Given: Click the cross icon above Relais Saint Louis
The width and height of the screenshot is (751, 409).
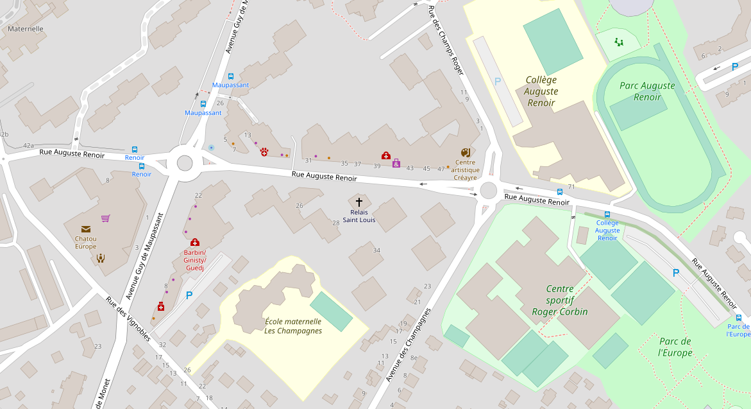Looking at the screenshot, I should coord(359,202).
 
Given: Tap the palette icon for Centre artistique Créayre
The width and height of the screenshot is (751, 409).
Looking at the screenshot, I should coord(465,153).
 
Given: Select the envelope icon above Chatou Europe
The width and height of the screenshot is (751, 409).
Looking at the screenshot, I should coord(85,229).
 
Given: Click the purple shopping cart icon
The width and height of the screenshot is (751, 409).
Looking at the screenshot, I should coord(105,218).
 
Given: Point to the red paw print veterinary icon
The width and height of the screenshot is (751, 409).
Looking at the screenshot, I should coord(264,152).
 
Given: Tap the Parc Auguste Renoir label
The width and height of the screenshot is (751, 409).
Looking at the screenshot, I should coord(647,91).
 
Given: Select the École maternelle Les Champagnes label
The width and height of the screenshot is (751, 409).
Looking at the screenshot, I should coord(293,326).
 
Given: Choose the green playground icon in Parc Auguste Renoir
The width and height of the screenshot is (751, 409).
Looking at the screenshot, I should coord(618,42).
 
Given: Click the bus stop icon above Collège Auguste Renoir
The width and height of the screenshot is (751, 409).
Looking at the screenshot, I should coord(607,214).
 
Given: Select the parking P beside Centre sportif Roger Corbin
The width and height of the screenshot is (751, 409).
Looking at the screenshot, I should coord(675,274).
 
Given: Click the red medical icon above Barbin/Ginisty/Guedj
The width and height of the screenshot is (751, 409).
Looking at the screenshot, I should coord(195,242).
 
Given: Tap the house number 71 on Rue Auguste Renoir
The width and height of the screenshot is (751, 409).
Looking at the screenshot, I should coord(571,187).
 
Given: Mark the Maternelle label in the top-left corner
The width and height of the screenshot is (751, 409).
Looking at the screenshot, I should coord(26,29).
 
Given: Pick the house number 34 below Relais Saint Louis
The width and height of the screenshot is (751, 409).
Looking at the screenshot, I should coord(376,250).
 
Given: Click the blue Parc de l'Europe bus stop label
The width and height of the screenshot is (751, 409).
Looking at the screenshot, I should coord(738,330).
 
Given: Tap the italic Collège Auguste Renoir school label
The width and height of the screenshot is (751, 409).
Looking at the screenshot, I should coord(541,91).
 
